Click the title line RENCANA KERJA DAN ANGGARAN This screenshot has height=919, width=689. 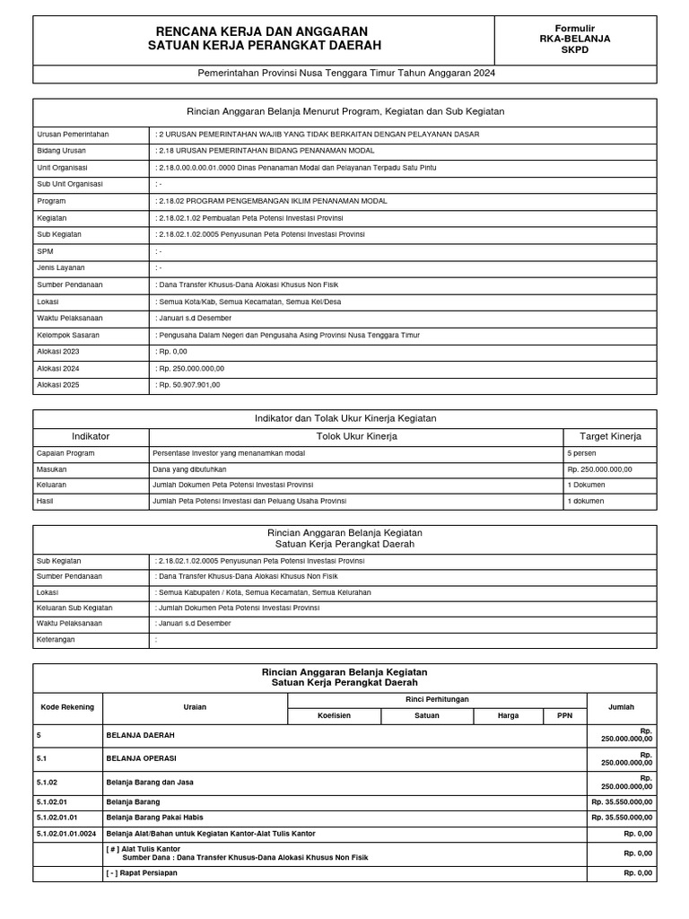pyautogui.click(x=262, y=31)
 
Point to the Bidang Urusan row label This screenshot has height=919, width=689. pyautogui.click(x=60, y=151)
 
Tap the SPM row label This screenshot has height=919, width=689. pyautogui.click(x=46, y=251)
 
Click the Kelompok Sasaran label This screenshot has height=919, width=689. pyautogui.click(x=68, y=335)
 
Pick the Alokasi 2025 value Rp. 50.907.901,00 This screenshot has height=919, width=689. pyautogui.click(x=188, y=385)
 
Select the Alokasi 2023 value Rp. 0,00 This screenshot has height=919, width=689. pyautogui.click(x=174, y=352)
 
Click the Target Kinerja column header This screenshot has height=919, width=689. pyautogui.click(x=610, y=436)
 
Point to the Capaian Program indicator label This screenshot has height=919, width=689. pyautogui.click(x=65, y=453)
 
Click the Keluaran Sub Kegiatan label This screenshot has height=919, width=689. pyautogui.click(x=74, y=608)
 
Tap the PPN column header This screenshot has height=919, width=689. pyautogui.click(x=564, y=716)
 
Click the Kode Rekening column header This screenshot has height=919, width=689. pyautogui.click(x=67, y=707)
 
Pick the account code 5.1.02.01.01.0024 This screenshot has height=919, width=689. pyautogui.click(x=66, y=834)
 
